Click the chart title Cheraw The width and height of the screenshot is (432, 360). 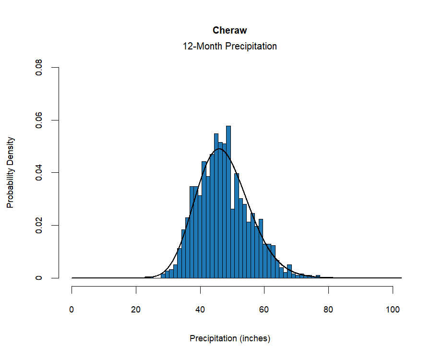tap(229, 30)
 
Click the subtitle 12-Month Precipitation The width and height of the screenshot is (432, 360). tap(229, 47)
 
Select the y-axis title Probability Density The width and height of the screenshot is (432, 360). tap(10, 173)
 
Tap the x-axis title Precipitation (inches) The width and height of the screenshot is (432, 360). tap(230, 338)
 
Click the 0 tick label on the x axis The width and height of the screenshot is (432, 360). tap(72, 310)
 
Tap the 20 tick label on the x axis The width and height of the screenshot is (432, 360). tap(136, 310)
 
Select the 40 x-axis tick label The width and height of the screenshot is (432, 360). tap(200, 310)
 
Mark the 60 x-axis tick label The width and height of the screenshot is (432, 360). tap(264, 310)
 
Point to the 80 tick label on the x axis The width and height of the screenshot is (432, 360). tap(328, 310)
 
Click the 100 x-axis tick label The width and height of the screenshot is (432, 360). tap(393, 310)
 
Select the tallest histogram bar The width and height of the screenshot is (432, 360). tap(228, 202)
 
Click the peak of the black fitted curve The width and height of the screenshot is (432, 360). tap(219, 149)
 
